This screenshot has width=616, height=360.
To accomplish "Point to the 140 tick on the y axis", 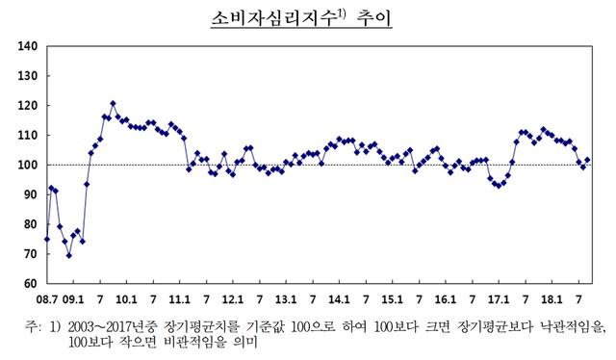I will point(27,46).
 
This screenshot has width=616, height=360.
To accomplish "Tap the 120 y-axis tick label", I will point(27,106).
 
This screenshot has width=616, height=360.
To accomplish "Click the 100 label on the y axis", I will point(27,165).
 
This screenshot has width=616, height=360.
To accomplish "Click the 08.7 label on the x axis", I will point(48,298).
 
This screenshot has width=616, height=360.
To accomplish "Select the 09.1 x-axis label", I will point(75,298).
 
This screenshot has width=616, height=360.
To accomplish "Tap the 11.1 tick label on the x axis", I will point(180,298).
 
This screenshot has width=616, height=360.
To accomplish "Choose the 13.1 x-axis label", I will point(286,298).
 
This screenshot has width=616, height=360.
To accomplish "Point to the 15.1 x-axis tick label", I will point(392,298).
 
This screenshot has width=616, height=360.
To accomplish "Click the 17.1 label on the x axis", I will point(497,298).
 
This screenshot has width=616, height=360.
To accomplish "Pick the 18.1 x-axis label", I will point(550,298).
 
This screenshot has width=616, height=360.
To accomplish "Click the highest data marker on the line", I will point(113,103).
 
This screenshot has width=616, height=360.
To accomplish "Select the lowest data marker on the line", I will point(68,255).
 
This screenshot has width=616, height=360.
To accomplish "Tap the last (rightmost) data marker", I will point(587,160).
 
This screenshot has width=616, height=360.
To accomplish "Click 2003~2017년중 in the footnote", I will point(112,327).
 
